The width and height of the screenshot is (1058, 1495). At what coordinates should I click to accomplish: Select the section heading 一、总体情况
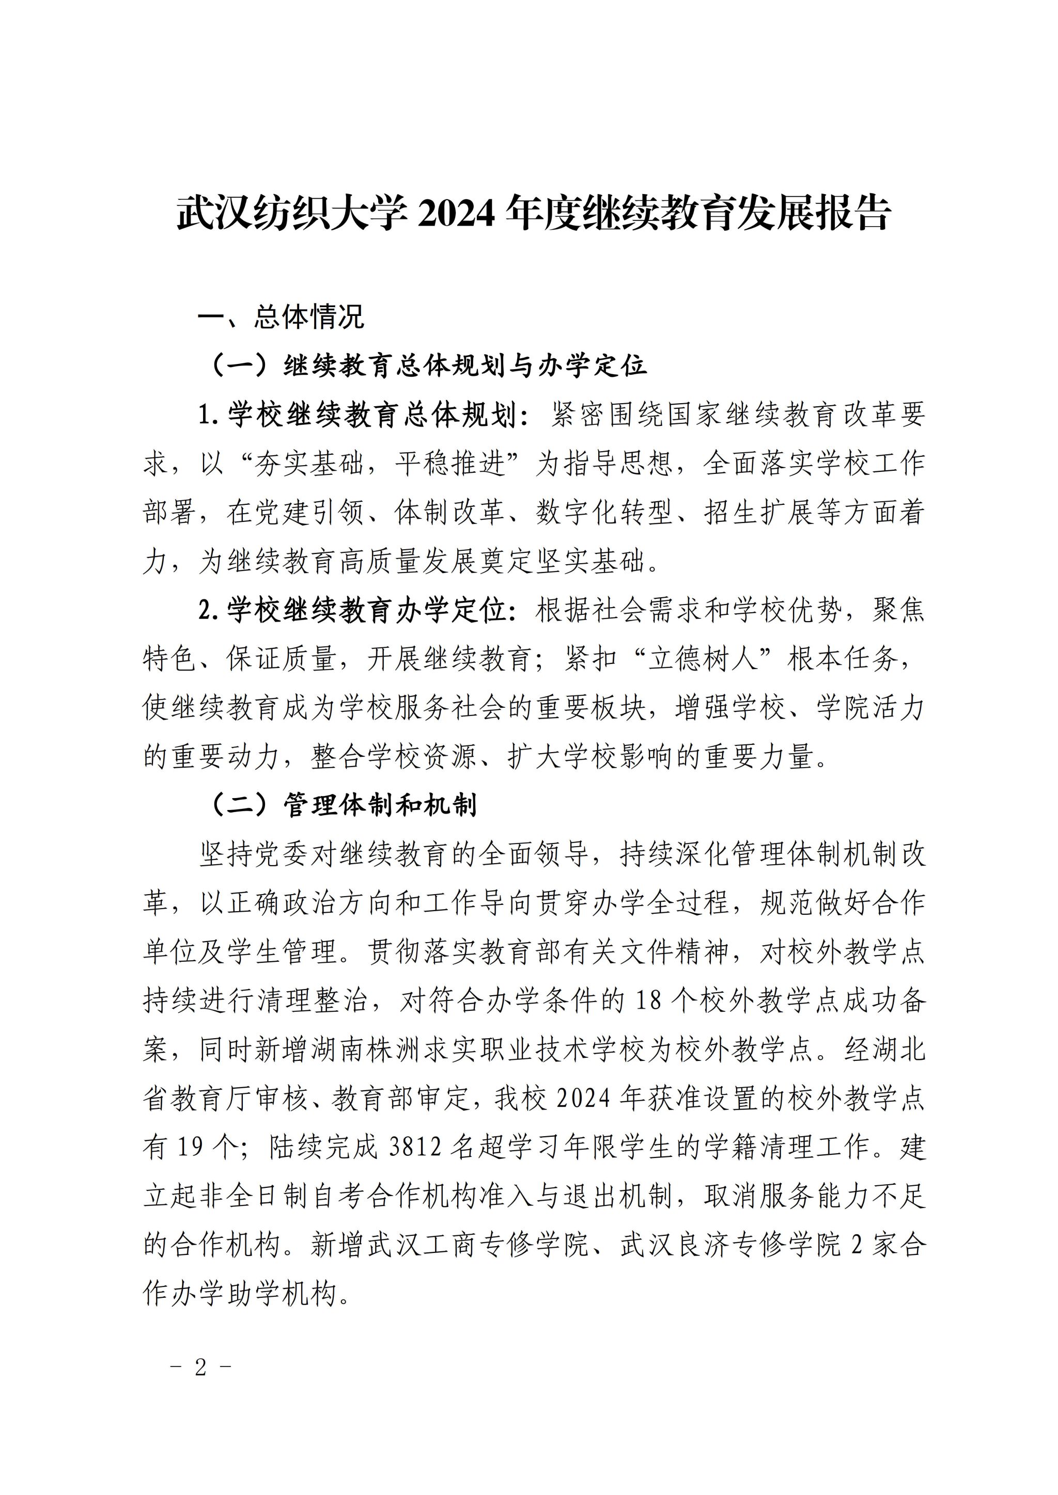pos(281,317)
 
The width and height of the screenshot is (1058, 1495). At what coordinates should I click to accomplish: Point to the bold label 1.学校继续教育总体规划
pos(364,415)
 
